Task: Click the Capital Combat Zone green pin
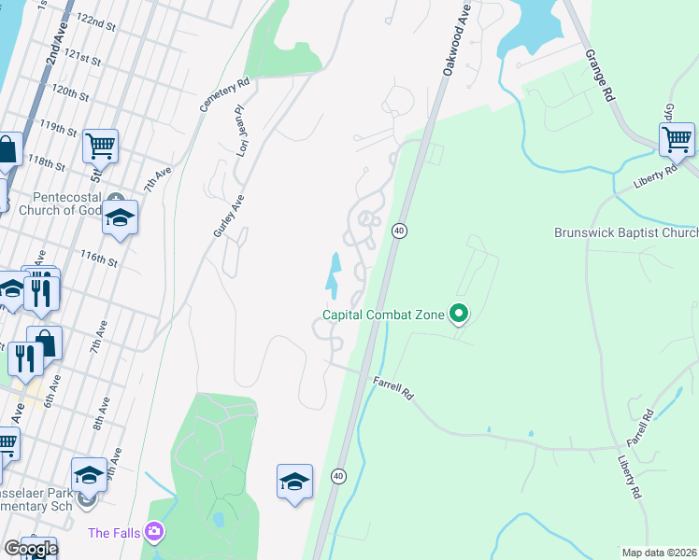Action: pos(458,315)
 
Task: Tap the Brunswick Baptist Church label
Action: pos(625,232)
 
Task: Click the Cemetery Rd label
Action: pos(211,94)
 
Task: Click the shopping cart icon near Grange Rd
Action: pos(677,140)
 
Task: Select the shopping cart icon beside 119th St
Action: pos(100,146)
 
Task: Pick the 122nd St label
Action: pos(94,20)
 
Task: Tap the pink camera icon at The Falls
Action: pos(154,533)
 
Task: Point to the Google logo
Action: pos(30,549)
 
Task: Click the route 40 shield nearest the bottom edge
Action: pos(338,476)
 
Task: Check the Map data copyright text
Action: pos(658,552)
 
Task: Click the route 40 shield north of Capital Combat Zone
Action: pos(398,231)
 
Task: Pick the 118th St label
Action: pos(47,165)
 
